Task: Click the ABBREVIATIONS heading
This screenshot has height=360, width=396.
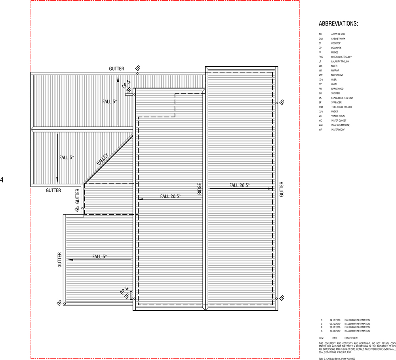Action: click(338, 24)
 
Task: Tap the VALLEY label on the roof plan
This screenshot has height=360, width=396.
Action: click(102, 160)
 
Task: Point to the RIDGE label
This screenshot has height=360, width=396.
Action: click(199, 188)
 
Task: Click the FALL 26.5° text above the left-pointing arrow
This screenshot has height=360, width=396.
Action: click(170, 196)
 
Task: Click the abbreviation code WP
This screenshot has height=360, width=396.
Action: click(320, 130)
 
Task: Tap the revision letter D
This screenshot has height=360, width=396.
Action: click(321, 320)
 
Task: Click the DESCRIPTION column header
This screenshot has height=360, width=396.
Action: click(351, 338)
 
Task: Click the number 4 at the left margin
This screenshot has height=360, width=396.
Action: click(2, 180)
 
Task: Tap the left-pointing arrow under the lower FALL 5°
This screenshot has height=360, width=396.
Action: click(99, 260)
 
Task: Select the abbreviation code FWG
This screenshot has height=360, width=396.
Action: click(320, 57)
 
